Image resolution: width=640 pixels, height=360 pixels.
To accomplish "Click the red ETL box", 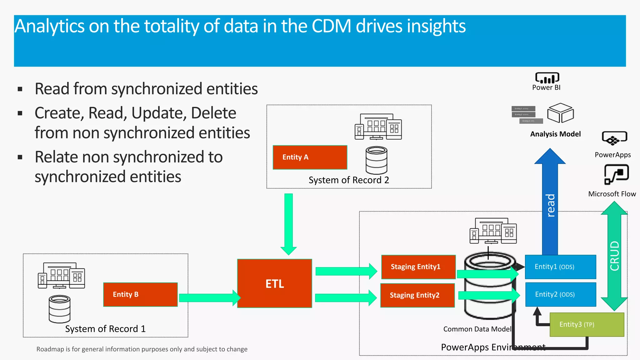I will [274, 283].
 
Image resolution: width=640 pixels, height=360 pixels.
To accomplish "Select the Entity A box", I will [310, 157].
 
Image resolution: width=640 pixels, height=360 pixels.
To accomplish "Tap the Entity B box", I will [140, 294].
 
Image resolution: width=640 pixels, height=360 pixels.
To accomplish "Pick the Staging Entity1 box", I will [418, 267].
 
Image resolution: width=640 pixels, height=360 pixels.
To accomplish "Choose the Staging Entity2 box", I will [417, 295].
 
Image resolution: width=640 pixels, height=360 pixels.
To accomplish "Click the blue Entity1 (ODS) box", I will [560, 267].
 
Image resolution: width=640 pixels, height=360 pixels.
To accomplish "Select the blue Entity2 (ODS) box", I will [560, 294].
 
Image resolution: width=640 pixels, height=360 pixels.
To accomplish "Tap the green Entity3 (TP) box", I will [587, 324].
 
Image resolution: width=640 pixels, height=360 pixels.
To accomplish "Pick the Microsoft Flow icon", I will [616, 174].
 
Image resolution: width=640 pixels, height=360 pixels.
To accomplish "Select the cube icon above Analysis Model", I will [561, 113].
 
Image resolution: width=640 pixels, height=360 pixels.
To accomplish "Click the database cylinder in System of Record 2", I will [377, 160].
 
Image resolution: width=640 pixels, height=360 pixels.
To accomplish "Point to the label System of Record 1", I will [105, 329].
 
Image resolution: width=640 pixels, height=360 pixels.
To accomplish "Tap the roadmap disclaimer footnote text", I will [142, 349].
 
